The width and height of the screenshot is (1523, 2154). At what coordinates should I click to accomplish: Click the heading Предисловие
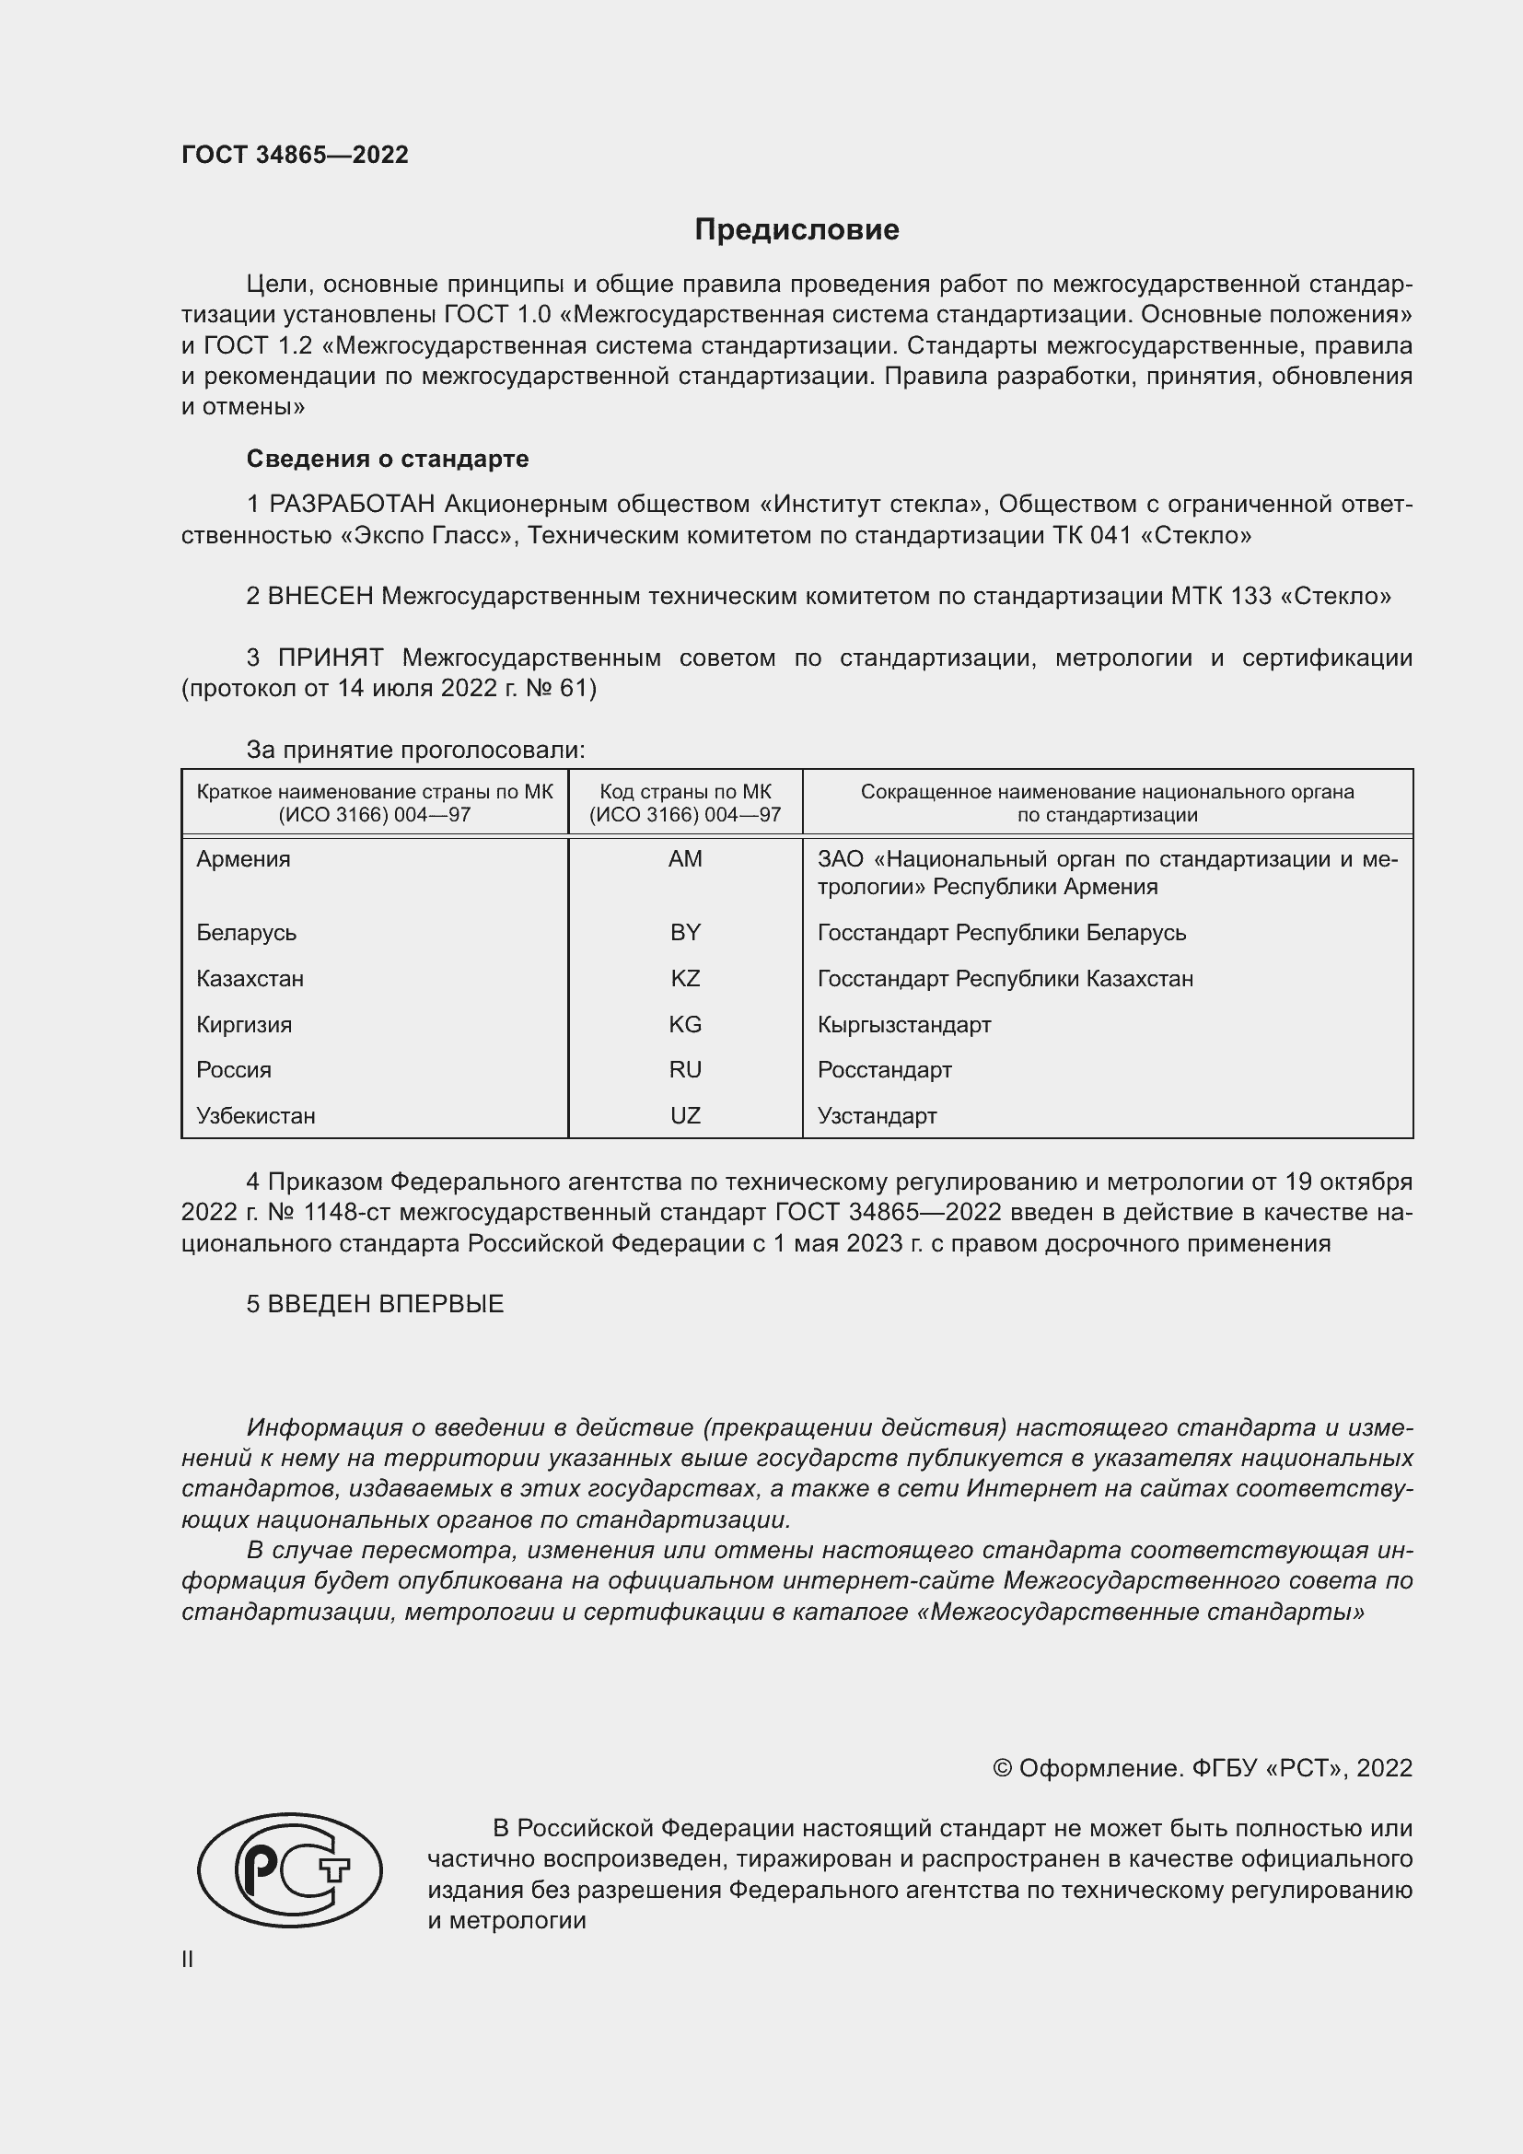(796, 230)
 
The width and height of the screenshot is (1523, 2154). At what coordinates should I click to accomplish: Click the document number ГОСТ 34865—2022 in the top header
(295, 155)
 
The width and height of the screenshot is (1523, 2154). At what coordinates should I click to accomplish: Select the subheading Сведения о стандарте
(388, 459)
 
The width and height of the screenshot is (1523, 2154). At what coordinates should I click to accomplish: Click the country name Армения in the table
(243, 859)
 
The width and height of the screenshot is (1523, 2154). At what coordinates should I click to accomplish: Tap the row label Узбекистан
(255, 1115)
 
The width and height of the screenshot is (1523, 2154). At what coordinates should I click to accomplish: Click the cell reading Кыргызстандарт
(903, 1024)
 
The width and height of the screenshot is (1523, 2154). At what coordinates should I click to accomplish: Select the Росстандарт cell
(883, 1069)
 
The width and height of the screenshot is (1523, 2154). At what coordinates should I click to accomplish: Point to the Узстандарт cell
(876, 1115)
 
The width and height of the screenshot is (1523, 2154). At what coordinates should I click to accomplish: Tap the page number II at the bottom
(188, 1959)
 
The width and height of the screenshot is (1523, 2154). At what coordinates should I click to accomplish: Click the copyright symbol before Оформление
(1002, 1768)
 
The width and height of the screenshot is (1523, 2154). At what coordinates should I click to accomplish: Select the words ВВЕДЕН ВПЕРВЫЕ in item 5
(386, 1304)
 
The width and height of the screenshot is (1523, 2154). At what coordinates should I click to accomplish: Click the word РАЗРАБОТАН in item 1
(352, 505)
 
